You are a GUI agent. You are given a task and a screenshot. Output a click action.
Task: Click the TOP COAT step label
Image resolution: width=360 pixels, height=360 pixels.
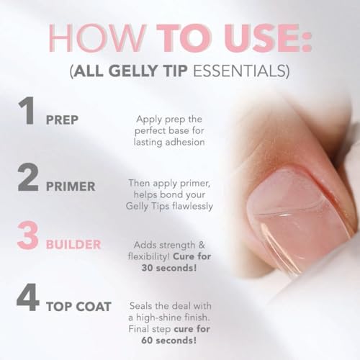click(88, 307)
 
